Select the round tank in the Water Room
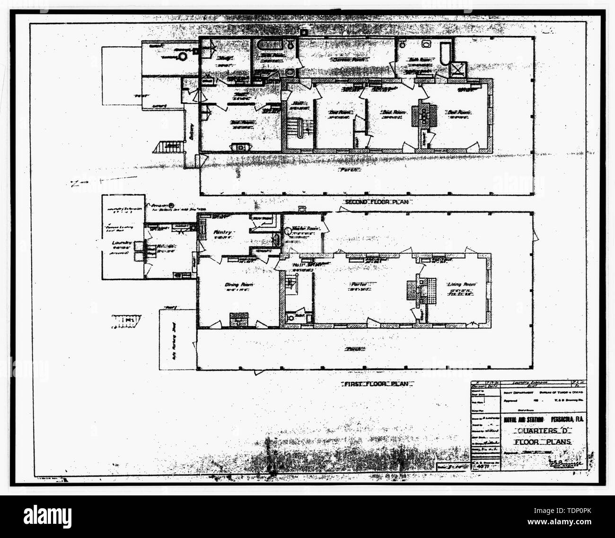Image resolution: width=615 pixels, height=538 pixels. (x=288, y=230)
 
